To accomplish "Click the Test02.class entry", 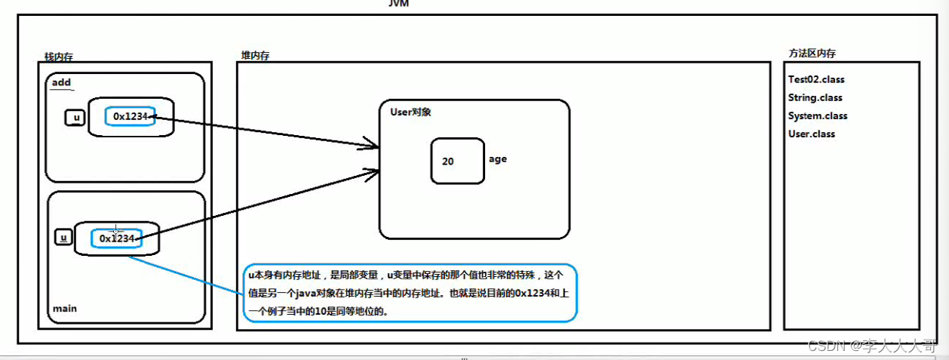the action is click(815, 79).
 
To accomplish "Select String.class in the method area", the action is click(815, 97).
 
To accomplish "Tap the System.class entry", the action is click(818, 115).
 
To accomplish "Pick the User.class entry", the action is click(811, 134).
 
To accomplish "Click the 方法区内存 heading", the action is click(812, 54).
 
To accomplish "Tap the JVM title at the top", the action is click(398, 3).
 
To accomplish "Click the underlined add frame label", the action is click(61, 82).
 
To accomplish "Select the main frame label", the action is click(64, 309).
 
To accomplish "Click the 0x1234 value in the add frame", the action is click(130, 116).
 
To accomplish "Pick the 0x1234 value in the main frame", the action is click(116, 238).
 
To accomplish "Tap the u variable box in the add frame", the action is click(75, 118).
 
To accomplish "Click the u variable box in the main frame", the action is click(64, 237).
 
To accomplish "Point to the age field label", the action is click(498, 159).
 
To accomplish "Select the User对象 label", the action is click(410, 112).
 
